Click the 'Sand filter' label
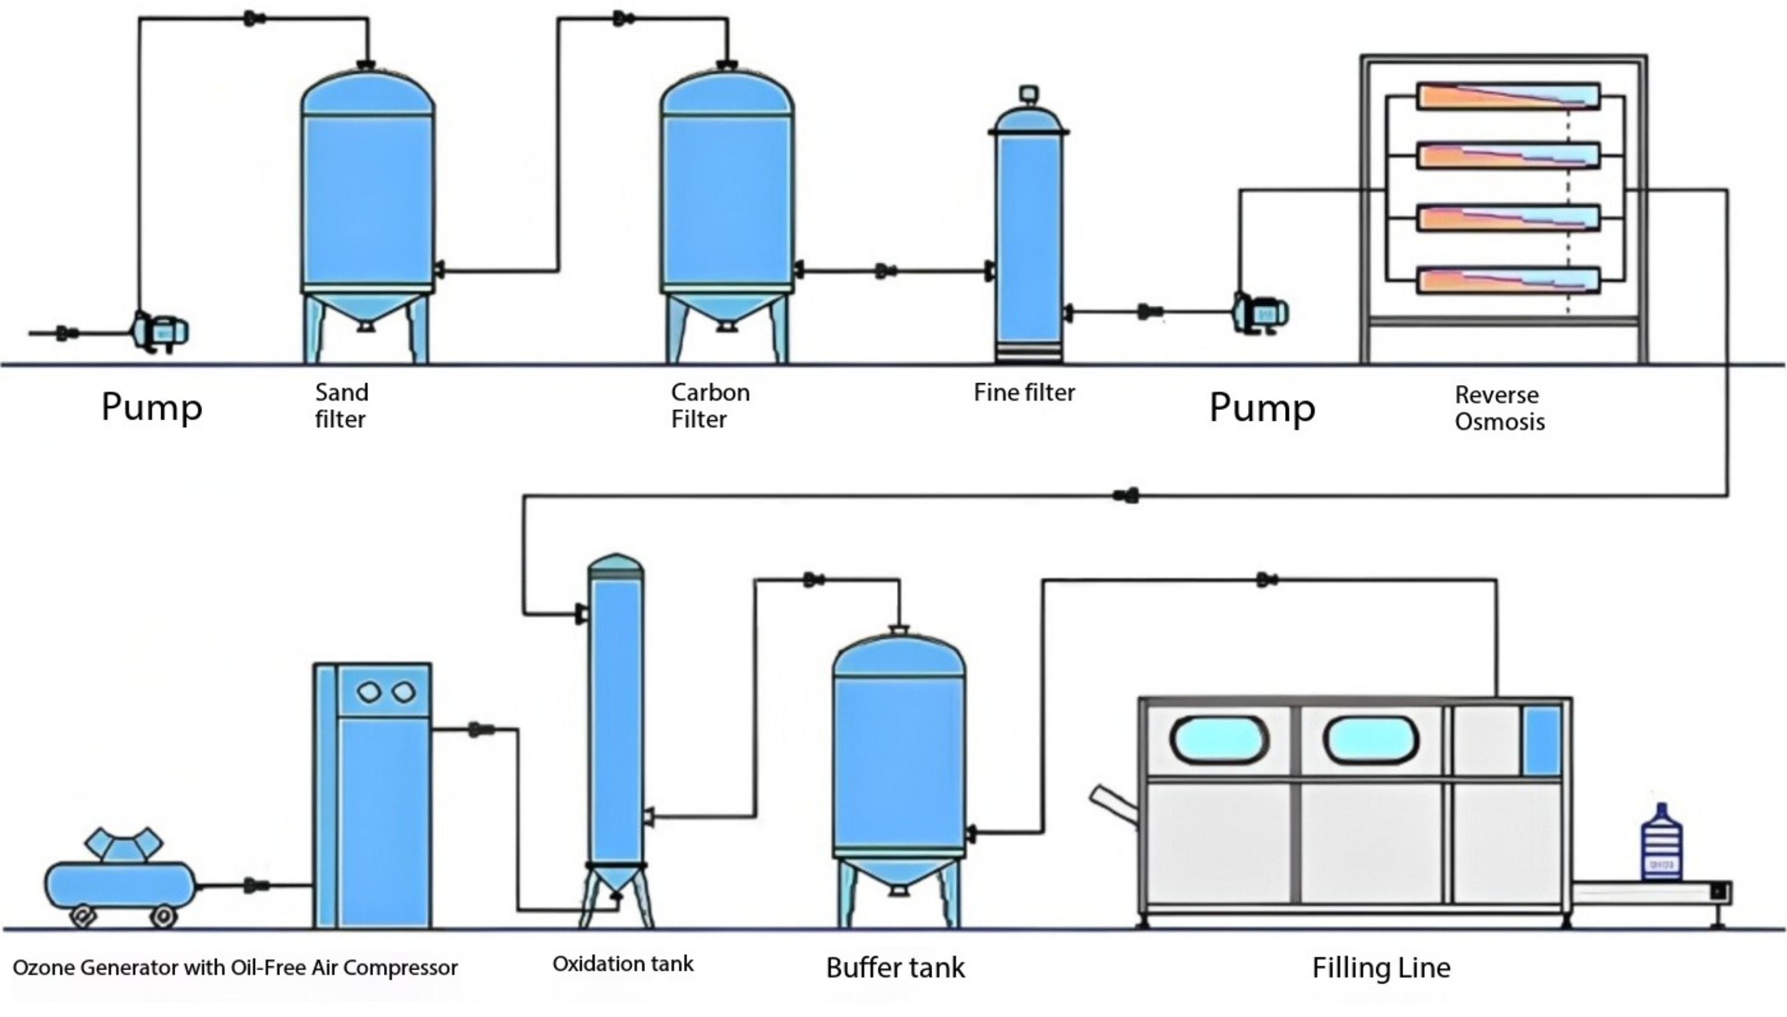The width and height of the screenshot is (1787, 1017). (341, 406)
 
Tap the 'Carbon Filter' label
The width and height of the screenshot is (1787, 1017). (710, 406)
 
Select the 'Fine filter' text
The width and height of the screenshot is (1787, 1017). (1024, 392)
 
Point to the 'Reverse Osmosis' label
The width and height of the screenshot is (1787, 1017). (1499, 409)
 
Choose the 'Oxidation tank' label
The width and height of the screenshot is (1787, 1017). (622, 964)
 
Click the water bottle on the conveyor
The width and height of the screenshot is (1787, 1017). (1661, 844)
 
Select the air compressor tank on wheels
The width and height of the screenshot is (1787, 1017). (119, 884)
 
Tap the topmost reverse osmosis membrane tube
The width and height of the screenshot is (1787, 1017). (1508, 96)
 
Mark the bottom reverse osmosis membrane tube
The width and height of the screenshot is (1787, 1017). (1508, 281)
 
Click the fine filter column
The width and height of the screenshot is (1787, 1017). (1028, 237)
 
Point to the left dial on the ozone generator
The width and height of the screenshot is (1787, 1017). (368, 692)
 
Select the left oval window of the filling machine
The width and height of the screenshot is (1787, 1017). (1219, 739)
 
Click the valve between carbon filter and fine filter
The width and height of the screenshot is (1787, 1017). (886, 271)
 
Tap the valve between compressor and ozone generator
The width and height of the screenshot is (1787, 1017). (256, 886)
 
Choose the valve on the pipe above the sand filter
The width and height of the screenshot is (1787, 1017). (254, 19)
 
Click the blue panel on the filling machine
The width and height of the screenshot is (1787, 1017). (1542, 740)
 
